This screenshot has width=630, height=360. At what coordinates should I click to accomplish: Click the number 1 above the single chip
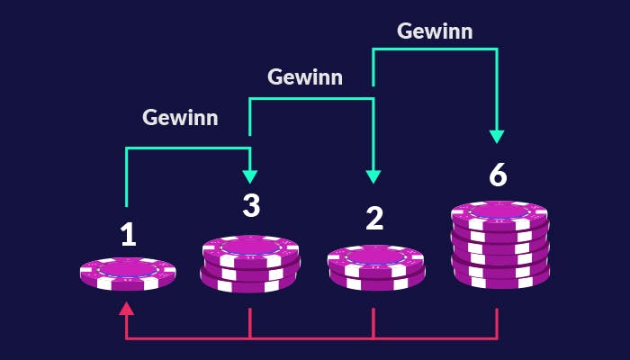point(128,234)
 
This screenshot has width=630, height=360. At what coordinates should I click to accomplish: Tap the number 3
point(251,205)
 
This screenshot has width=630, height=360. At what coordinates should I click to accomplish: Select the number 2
point(374,218)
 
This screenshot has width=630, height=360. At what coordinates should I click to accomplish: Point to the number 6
point(498,175)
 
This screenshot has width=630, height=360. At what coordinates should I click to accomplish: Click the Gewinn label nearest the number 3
point(180,117)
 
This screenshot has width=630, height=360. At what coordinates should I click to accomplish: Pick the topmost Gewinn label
point(435,31)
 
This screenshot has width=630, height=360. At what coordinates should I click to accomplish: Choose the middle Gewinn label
point(305,77)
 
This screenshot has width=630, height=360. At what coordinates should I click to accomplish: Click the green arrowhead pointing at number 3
point(251,176)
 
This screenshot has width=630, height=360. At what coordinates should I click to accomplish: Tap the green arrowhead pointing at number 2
point(373,176)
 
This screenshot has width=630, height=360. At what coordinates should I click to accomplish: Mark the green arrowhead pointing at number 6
point(497,137)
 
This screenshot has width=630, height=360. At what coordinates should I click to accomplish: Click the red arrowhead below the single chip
point(127,308)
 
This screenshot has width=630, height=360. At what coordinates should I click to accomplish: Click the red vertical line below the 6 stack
point(497,323)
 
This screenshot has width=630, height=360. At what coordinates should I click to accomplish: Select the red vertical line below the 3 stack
point(250,323)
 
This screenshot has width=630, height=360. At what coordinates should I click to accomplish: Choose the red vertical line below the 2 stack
point(373,323)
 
